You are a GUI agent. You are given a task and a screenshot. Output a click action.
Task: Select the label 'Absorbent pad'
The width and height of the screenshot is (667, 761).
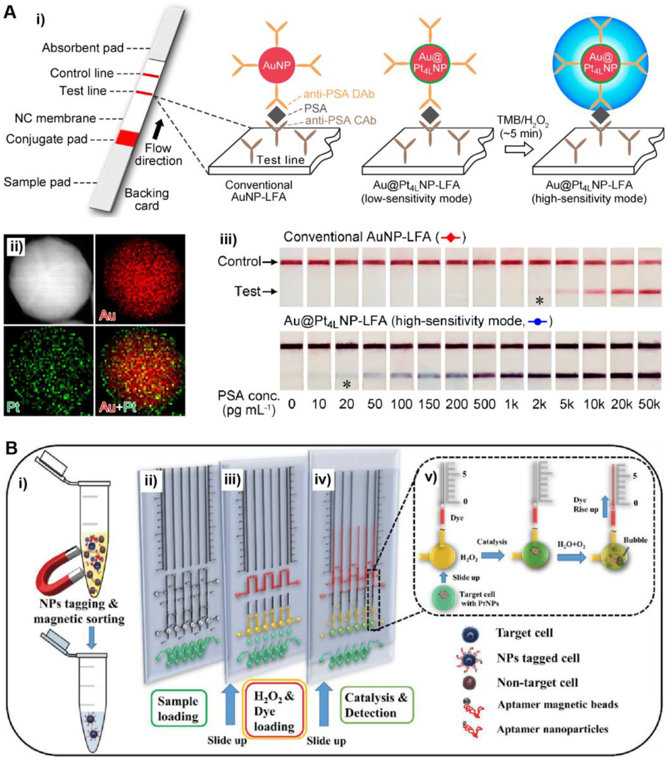(83, 48)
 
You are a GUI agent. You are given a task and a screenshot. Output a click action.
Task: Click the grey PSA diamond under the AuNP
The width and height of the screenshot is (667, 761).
(276, 114)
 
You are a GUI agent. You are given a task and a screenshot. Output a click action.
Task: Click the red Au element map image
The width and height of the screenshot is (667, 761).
(140, 279)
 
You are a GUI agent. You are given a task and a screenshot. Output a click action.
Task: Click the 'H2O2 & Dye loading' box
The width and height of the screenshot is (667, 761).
(274, 712)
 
